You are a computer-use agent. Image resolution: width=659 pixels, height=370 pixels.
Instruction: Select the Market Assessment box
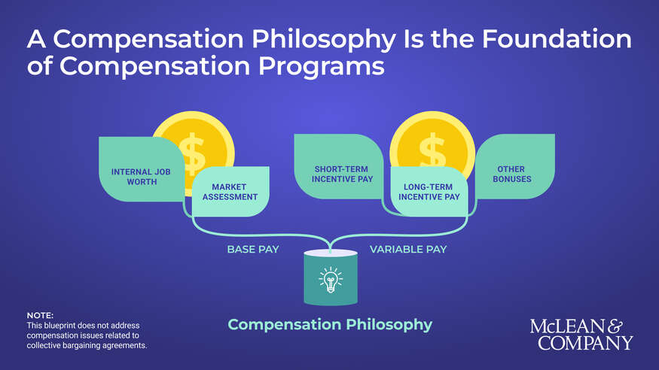tap(230, 192)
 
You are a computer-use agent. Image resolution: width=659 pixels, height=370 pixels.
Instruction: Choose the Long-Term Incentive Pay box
tap(429, 192)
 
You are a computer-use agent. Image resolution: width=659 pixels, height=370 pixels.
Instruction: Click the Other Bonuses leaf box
tap(513, 174)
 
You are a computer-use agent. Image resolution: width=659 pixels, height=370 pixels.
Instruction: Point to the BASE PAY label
tap(253, 249)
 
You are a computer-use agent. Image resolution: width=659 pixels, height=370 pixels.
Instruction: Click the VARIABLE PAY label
tap(407, 249)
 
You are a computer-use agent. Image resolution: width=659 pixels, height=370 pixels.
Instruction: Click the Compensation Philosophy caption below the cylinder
tap(330, 325)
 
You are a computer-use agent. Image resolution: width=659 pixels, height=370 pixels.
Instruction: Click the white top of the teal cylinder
tap(331, 253)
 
